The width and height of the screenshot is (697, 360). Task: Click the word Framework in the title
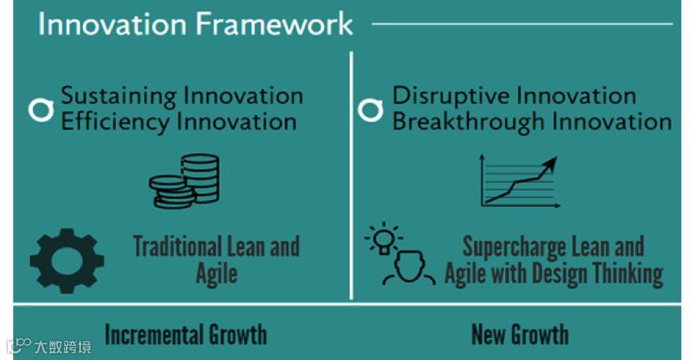[274, 24]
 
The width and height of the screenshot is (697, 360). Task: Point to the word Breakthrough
[469, 122]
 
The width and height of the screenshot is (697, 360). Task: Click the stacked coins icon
[184, 181]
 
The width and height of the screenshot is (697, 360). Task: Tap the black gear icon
[67, 261]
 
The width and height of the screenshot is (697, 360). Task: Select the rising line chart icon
[520, 180]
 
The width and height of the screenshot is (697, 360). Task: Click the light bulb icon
[383, 238]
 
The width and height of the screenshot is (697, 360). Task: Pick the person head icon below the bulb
[409, 268]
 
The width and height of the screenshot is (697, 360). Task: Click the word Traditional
[178, 245]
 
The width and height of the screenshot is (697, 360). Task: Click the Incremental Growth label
[186, 334]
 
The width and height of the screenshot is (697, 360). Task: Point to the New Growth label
[520, 334]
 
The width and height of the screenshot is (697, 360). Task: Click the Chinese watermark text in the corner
[63, 346]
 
